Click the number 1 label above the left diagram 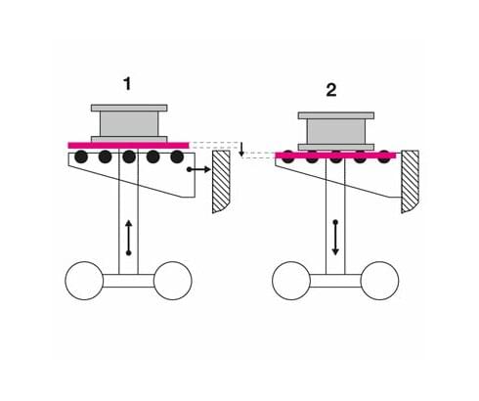click(127, 84)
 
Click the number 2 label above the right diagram click(331, 90)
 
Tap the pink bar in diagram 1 click(128, 146)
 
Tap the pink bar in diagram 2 click(335, 156)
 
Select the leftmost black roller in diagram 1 click(81, 157)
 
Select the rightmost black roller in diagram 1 click(177, 157)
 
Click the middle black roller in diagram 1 click(129, 157)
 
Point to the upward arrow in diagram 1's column click(129, 238)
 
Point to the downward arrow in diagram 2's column click(335, 238)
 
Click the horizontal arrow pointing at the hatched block click(198, 169)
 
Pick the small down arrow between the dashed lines click(241, 149)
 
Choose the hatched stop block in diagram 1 click(221, 182)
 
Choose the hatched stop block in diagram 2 click(411, 182)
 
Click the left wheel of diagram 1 click(84, 281)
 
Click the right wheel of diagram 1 click(173, 281)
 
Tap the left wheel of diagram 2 click(291, 281)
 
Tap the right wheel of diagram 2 click(379, 281)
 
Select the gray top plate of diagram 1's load click(129, 108)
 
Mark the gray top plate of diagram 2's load click(336, 115)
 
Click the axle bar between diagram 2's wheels click(335, 281)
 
